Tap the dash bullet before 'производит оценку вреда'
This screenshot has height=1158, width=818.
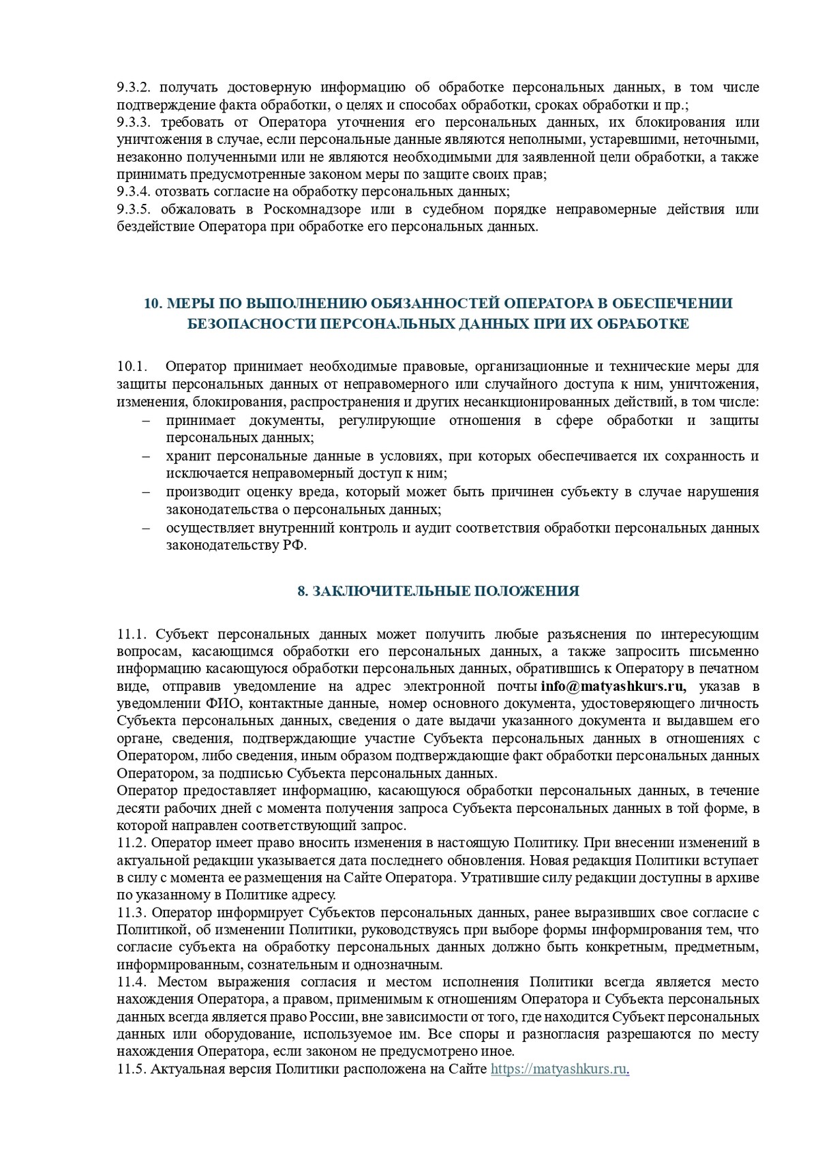[146, 492]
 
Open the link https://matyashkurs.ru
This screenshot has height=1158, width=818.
[558, 1070]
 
